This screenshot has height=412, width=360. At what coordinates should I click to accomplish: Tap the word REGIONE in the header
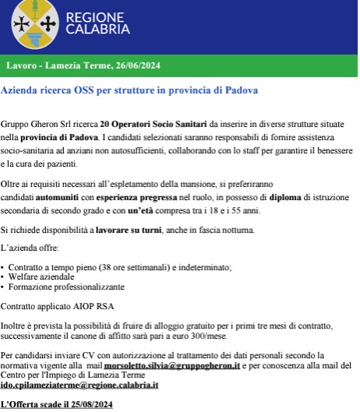point(94,17)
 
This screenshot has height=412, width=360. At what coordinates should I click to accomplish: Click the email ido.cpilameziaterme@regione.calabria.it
point(79,385)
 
